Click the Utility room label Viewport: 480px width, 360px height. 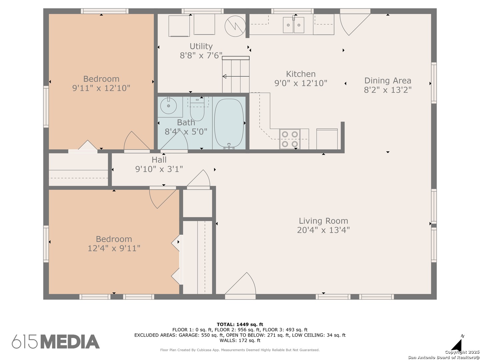201,46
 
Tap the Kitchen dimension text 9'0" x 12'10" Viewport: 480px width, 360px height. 301,83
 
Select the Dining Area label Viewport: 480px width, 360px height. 388,81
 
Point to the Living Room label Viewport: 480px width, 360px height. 323,221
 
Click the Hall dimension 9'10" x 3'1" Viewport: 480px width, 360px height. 159,169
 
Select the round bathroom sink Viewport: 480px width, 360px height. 168,106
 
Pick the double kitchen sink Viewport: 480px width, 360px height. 293,25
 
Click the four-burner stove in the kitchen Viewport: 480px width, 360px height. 290,139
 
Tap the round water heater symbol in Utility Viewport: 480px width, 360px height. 235,26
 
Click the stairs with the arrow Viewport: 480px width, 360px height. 236,75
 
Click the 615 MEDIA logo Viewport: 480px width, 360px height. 56,341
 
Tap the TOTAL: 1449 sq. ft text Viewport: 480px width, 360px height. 240,324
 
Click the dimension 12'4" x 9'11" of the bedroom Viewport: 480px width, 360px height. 114,248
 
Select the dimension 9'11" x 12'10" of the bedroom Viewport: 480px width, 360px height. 101,88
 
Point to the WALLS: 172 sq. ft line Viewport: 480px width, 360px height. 240,340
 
